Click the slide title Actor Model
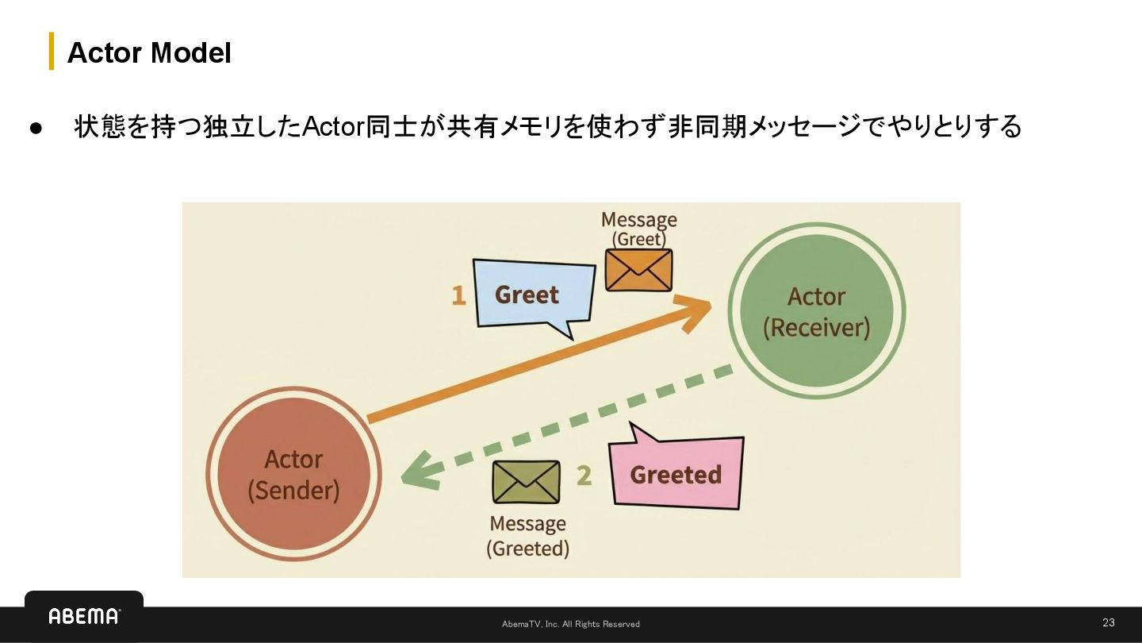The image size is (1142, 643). pos(149,52)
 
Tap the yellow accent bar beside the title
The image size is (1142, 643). pos(52,51)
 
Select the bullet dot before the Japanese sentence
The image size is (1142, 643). pos(36,128)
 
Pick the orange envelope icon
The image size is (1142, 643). pos(638,270)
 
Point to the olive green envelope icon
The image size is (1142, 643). pos(527,482)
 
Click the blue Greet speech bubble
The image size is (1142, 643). pos(531,295)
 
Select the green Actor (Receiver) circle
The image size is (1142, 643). pos(817,311)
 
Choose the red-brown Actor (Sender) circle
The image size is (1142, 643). pos(293,474)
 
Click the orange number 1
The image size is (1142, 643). pos(458,295)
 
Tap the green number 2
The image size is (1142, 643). pos(584,475)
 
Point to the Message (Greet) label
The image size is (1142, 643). pos(638,229)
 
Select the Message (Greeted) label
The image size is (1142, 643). pos(527,536)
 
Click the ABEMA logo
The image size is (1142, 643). pos(84,616)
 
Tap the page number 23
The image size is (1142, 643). pos(1108,622)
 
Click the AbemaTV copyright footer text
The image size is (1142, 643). pos(570,624)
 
